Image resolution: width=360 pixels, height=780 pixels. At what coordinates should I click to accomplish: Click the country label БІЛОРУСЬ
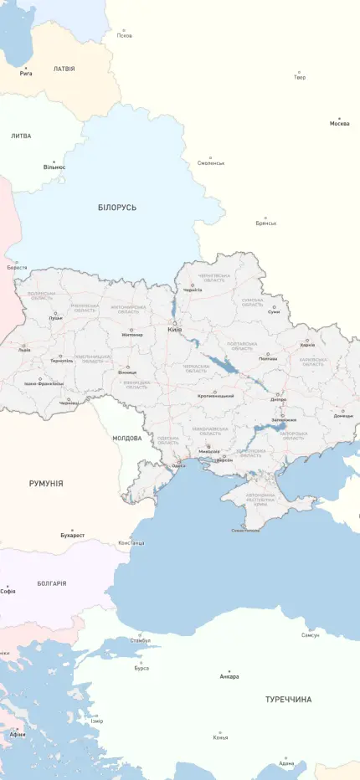(116, 207)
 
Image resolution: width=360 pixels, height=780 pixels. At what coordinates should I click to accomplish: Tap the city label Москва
(339, 124)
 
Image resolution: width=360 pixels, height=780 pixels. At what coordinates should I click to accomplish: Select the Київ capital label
(174, 330)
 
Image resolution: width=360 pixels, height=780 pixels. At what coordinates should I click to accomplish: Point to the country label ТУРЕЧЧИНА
(288, 699)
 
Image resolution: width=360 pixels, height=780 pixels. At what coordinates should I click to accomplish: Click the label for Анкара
(229, 676)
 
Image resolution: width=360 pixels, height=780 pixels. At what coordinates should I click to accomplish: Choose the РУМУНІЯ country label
(46, 483)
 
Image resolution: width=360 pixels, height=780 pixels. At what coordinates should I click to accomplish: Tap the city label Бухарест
(72, 535)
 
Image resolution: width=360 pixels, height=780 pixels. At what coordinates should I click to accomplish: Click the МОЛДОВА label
(127, 438)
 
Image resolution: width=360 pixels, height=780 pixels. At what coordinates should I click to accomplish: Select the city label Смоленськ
(211, 163)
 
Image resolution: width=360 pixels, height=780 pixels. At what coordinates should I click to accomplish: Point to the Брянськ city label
(266, 223)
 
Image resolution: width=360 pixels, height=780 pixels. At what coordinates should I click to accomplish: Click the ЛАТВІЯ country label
(64, 69)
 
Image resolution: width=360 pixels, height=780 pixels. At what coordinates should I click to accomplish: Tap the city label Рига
(26, 74)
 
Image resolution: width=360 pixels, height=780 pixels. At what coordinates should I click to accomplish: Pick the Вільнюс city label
(54, 167)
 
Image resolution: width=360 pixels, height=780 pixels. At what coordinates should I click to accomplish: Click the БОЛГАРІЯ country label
(52, 583)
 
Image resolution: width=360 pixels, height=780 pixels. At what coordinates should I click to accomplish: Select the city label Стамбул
(140, 641)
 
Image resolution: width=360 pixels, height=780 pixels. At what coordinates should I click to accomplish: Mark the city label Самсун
(310, 635)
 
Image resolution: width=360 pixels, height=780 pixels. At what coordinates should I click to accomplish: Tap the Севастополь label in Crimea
(244, 530)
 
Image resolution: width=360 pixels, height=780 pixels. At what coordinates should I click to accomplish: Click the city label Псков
(125, 36)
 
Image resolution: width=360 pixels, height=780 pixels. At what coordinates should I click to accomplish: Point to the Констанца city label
(131, 542)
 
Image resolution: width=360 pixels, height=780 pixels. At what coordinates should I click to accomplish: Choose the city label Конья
(220, 737)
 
